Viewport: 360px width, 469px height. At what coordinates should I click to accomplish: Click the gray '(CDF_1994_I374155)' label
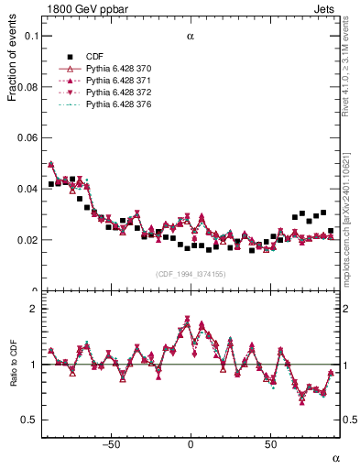pos(191,274)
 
